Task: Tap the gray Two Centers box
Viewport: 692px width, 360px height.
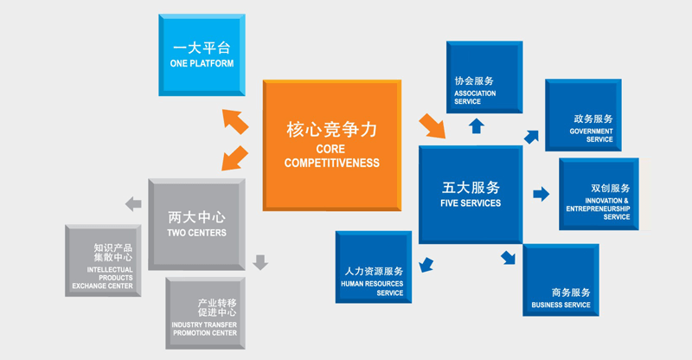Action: tap(196, 222)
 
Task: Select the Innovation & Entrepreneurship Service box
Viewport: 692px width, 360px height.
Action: tap(599, 194)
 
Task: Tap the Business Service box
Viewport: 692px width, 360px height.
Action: tap(560, 280)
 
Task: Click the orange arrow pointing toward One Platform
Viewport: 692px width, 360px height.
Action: tap(234, 120)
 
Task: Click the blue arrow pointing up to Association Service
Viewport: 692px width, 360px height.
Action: tap(476, 125)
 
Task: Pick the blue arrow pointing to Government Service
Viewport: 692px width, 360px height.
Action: tap(530, 136)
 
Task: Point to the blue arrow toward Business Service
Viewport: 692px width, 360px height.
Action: tap(509, 256)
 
